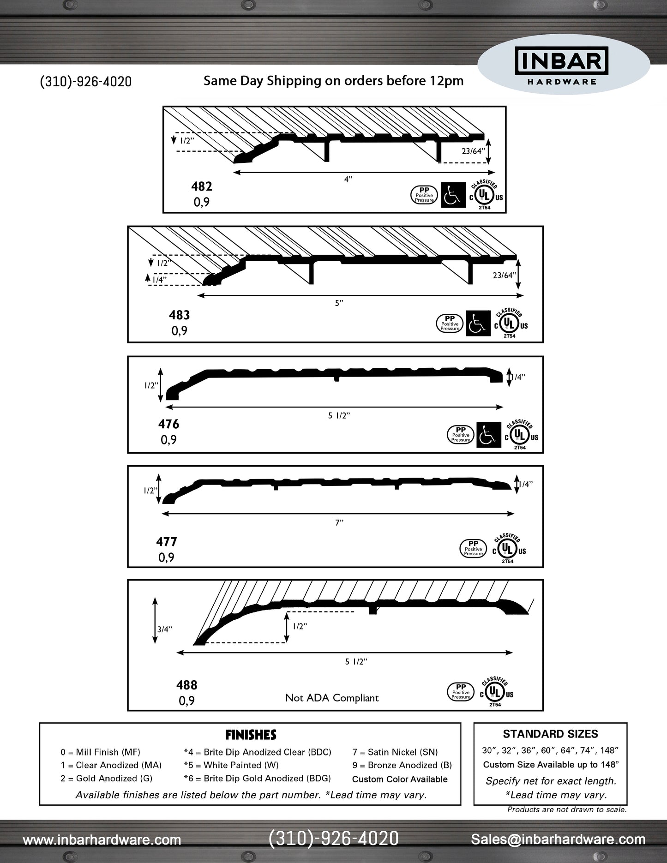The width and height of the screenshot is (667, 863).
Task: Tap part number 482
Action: [x=202, y=186]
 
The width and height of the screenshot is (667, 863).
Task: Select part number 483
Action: [x=179, y=315]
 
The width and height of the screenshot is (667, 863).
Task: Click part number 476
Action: [x=168, y=424]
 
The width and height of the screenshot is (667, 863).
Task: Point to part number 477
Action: [x=166, y=542]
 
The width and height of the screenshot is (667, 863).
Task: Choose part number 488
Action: [x=186, y=685]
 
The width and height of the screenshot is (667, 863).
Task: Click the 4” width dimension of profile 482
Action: [x=348, y=180]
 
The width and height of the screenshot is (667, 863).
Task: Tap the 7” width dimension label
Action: [x=339, y=522]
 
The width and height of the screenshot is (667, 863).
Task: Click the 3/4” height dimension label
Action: [x=164, y=629]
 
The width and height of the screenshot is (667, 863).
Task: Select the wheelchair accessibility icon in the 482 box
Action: [x=453, y=195]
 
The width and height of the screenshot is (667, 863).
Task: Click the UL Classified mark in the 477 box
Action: [x=508, y=549]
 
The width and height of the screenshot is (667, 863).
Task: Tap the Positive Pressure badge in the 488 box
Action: [x=461, y=691]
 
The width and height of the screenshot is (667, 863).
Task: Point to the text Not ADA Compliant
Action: [x=332, y=698]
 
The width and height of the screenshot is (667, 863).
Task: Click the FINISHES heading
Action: [x=251, y=735]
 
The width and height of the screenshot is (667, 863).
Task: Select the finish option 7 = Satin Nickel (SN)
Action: [x=395, y=752]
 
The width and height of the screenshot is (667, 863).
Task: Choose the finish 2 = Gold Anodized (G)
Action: [x=106, y=779]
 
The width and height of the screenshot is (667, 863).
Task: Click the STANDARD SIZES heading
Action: [x=550, y=734]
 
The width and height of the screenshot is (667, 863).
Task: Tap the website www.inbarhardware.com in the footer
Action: [x=102, y=840]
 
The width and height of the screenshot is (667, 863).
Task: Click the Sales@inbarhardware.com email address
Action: [x=558, y=839]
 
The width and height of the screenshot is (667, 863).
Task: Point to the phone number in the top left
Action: [x=86, y=82]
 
